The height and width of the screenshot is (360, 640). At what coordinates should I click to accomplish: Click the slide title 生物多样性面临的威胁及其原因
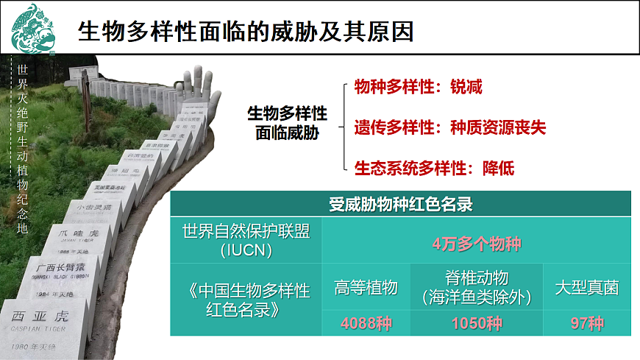click(x=246, y=32)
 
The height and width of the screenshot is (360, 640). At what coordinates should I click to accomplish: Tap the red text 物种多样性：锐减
click(x=418, y=86)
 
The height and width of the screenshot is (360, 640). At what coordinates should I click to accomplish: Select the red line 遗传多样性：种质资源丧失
click(x=449, y=127)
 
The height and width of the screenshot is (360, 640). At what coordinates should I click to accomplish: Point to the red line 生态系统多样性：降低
click(x=434, y=168)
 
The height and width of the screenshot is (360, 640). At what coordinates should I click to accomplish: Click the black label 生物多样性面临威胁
click(x=287, y=122)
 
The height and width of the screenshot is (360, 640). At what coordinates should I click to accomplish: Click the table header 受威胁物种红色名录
click(x=400, y=204)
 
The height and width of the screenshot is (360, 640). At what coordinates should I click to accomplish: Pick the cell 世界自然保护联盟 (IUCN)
click(x=246, y=240)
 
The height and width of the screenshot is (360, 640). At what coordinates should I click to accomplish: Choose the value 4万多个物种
click(x=476, y=242)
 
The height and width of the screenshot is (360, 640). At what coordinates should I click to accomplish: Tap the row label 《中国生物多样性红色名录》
click(x=246, y=298)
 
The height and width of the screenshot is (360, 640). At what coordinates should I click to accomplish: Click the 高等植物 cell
click(x=366, y=287)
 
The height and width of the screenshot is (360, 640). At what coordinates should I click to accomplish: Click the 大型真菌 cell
click(x=586, y=287)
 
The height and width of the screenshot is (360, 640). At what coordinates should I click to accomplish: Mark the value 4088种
click(x=366, y=323)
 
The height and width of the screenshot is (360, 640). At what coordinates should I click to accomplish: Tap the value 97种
click(x=586, y=323)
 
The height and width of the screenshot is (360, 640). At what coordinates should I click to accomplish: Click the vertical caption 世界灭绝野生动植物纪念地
click(x=22, y=148)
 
